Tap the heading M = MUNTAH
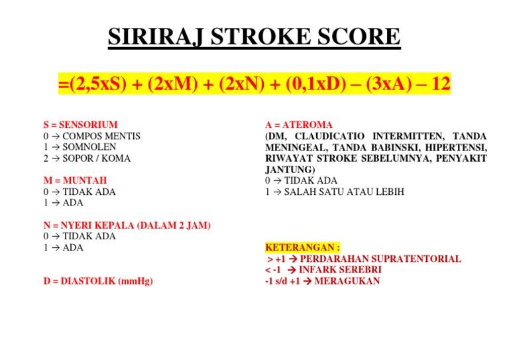[x=74, y=180]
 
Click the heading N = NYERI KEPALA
[x=127, y=225]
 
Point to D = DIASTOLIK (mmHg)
[x=97, y=281]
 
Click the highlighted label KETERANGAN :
[x=294, y=247]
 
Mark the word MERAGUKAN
[x=348, y=281]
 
